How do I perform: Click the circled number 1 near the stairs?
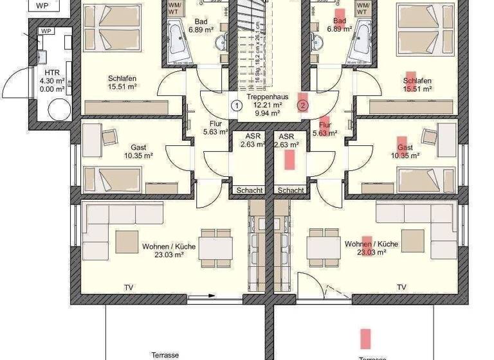click(237, 105)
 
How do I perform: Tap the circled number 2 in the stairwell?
click(303, 105)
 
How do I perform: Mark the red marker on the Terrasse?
click(365, 338)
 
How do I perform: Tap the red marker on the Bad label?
click(338, 14)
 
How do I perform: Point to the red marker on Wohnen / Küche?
click(367, 245)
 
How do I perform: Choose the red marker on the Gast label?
click(402, 142)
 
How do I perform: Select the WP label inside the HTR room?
click(46, 31)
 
